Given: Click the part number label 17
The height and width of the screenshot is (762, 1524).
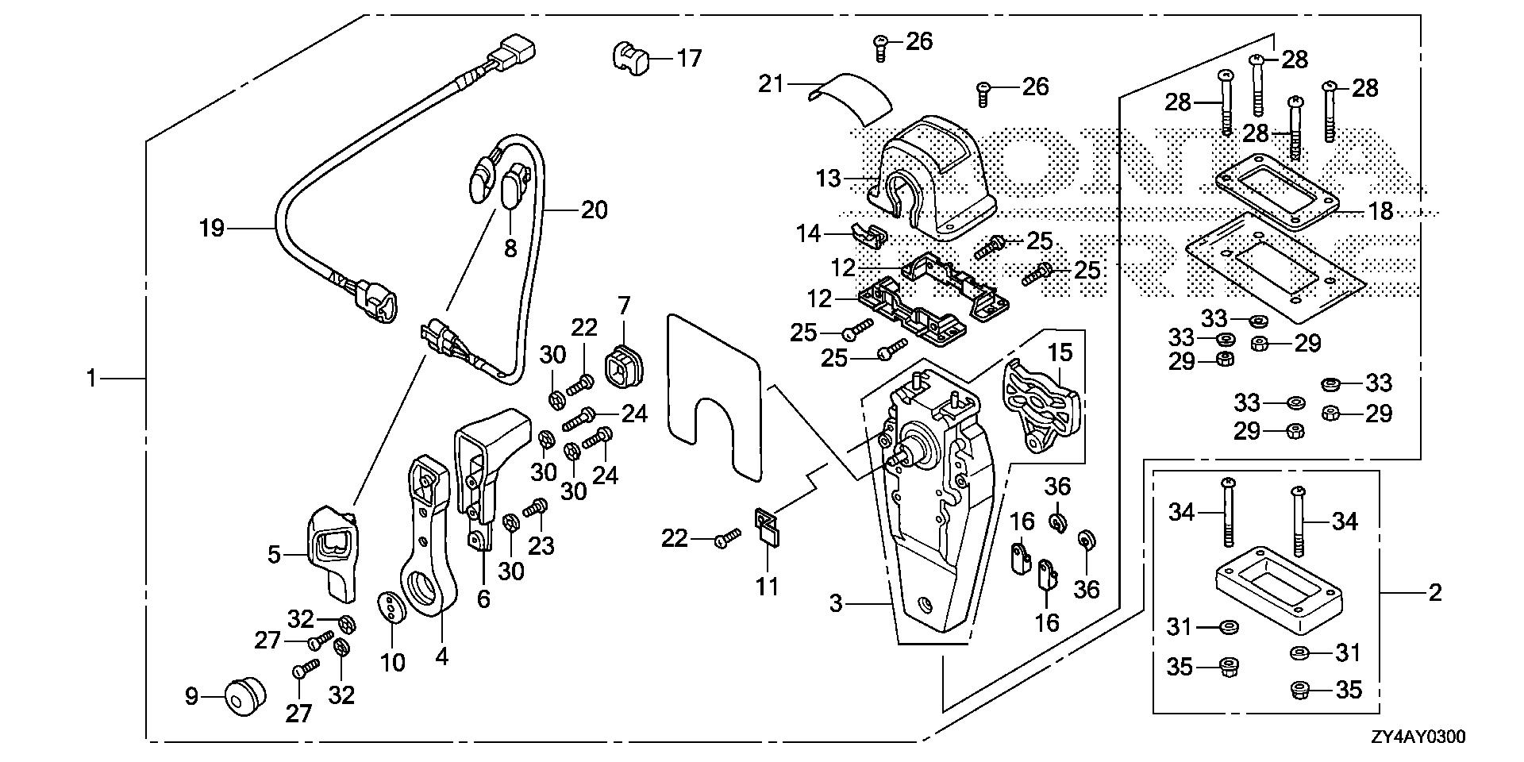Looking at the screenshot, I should (689, 58).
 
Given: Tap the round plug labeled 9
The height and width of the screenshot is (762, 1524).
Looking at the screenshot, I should (243, 696).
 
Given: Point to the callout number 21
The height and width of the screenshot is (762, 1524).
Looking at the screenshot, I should (770, 83).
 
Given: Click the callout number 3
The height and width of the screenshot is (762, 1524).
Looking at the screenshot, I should (835, 604).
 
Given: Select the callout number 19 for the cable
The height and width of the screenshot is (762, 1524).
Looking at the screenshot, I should (212, 229).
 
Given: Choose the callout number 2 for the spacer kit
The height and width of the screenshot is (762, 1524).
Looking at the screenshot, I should (1434, 592).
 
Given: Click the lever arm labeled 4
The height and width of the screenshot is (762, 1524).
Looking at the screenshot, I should (429, 548).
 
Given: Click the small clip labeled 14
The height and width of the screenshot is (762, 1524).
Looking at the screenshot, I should (868, 234).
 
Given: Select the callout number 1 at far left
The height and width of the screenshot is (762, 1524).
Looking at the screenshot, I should (91, 379).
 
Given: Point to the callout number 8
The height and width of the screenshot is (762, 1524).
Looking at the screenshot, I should (510, 248).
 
